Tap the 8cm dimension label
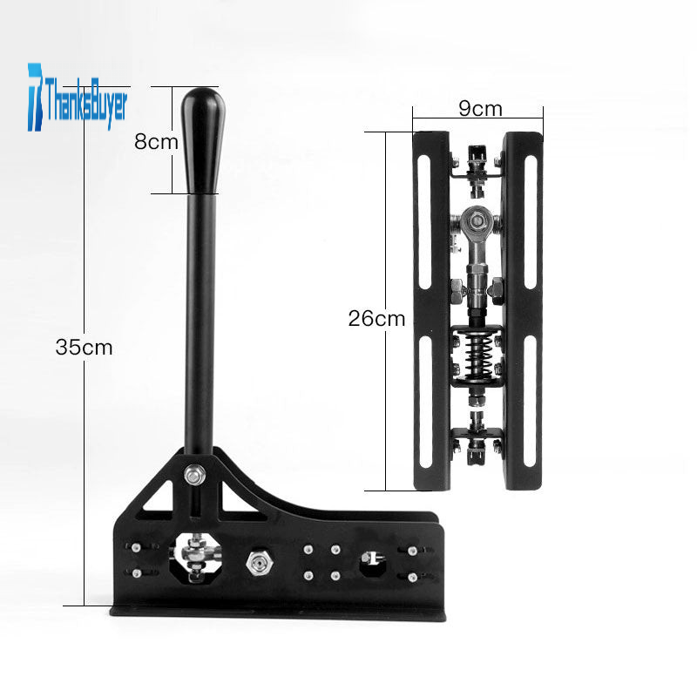156,142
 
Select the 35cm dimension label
84,347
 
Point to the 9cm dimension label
481,108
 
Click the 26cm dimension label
376,319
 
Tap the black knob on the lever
202,141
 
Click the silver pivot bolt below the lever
194,475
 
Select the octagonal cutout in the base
196,558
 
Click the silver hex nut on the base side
260,563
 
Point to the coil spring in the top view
477,355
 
